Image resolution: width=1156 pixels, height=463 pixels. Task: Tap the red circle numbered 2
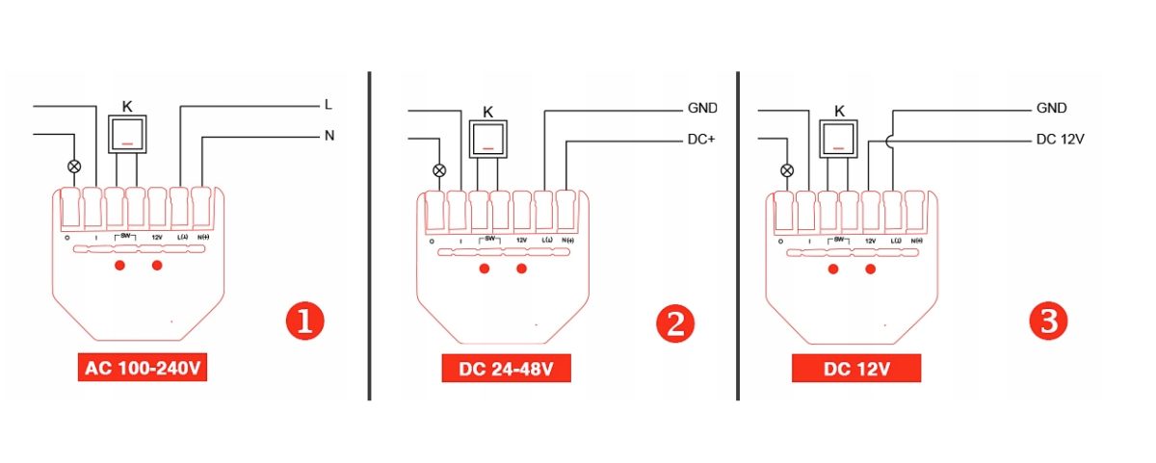tap(674, 323)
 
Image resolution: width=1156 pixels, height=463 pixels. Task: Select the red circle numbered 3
tap(1048, 322)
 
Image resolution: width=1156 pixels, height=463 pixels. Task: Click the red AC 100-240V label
tap(145, 370)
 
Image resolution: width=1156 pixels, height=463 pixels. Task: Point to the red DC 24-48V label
tap(507, 370)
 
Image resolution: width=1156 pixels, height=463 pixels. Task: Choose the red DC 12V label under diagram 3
tap(855, 370)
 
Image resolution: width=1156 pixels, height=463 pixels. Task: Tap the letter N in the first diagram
tap(328, 136)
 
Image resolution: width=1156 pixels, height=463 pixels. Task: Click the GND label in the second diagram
tap(702, 108)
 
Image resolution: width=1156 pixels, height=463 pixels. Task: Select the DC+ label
tap(701, 140)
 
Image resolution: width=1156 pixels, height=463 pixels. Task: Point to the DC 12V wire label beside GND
tap(1061, 140)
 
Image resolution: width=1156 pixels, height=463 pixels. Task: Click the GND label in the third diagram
tap(1051, 108)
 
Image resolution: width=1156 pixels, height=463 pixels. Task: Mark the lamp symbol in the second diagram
tap(439, 170)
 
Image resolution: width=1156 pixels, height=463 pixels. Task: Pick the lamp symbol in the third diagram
tap(787, 170)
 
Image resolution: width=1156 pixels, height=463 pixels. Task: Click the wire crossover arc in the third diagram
tap(893, 140)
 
